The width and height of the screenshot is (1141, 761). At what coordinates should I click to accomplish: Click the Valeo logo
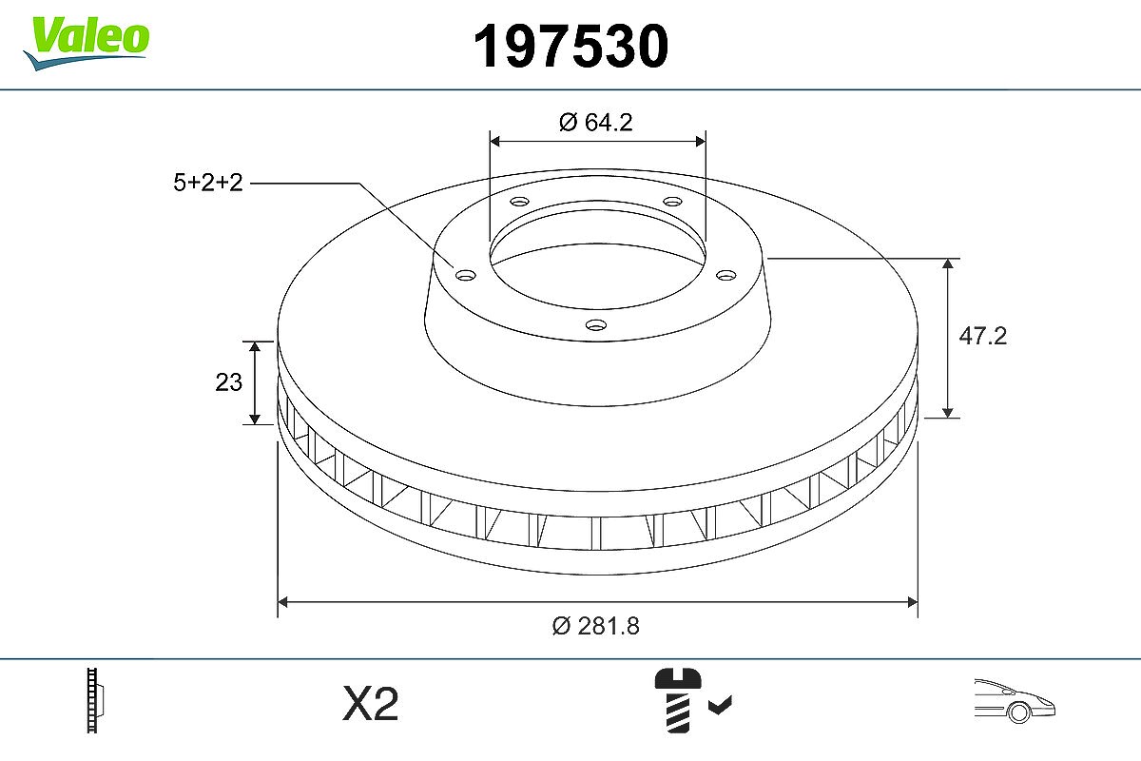tap(87, 43)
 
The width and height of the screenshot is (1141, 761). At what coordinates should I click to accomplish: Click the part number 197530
tap(570, 47)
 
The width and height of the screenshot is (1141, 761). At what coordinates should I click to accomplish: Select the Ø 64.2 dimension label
tap(596, 123)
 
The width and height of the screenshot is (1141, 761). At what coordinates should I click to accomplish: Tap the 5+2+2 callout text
tap(208, 183)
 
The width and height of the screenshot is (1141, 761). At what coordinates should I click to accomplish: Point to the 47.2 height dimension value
tap(982, 337)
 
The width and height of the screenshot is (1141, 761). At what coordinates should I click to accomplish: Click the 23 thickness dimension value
tap(229, 382)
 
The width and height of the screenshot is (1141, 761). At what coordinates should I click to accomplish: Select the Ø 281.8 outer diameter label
tap(596, 626)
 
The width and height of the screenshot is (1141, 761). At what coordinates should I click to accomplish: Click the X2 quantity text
tap(370, 703)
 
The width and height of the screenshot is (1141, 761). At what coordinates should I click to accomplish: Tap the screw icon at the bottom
tap(677, 701)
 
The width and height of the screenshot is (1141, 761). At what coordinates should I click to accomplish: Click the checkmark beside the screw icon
tap(721, 705)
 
